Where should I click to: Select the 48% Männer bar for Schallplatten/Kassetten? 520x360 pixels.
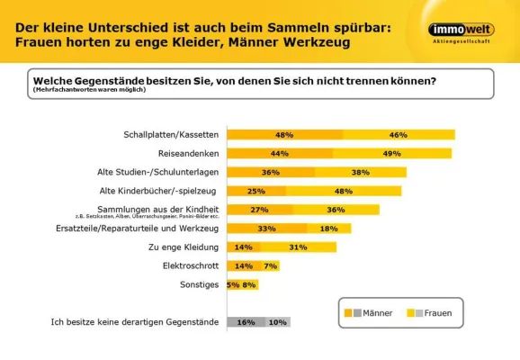pos(284,135)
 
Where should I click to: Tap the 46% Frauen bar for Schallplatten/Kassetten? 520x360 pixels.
pos(399,135)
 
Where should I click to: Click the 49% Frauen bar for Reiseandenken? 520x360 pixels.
pos(391,154)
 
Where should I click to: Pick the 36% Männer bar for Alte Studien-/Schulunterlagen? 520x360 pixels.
pos(270,172)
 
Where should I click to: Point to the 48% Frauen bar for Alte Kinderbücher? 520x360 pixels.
pos(343,191)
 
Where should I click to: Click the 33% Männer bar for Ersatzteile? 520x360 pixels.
pos(266,229)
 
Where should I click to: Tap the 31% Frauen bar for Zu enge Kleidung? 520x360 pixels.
pos(298,247)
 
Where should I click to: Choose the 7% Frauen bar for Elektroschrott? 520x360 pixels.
pos(271,265)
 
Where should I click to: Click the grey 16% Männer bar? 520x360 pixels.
pos(246,321)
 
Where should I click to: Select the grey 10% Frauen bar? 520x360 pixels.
pos(277,321)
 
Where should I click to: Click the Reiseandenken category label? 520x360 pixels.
pos(189,154)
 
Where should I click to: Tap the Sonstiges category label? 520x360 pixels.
pos(199,285)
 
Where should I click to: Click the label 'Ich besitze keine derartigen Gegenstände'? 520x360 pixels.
pos(134,322)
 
